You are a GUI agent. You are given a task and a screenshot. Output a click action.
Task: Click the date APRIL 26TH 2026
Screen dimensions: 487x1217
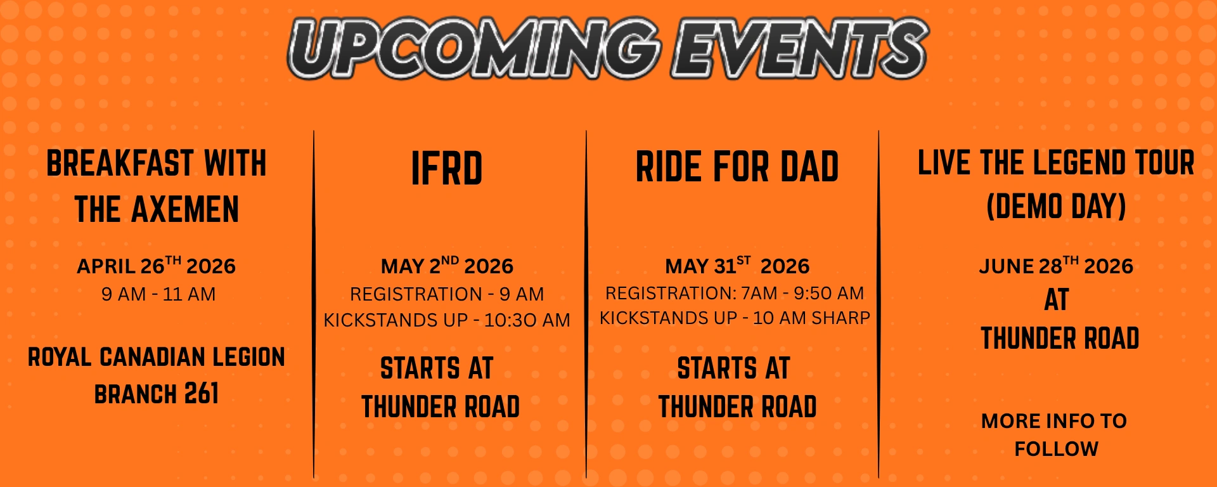click(x=156, y=266)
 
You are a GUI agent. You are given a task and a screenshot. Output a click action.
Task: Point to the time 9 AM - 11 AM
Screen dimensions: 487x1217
click(x=158, y=294)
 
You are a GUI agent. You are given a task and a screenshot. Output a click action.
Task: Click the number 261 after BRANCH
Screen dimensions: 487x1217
click(x=202, y=394)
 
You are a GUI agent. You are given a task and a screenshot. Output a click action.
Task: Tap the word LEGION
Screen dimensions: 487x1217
click(x=248, y=357)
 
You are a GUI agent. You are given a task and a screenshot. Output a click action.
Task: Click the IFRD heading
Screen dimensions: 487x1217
click(x=447, y=169)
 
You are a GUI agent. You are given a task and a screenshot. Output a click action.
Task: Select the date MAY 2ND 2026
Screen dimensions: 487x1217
click(x=447, y=266)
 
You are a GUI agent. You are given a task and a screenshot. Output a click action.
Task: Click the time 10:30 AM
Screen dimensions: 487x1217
click(x=527, y=320)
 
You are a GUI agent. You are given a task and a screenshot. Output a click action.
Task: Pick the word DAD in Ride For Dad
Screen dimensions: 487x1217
click(x=809, y=167)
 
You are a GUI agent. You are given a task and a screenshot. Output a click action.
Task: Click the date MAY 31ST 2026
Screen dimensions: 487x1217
click(x=737, y=266)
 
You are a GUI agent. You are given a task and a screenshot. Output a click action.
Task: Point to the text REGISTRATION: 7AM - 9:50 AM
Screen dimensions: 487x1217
click(x=734, y=293)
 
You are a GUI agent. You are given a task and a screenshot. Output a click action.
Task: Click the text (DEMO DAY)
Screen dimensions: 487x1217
click(x=1056, y=207)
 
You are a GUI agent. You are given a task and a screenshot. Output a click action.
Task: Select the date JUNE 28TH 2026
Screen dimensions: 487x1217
click(x=1056, y=266)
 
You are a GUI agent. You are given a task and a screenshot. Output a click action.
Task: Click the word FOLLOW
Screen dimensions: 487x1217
click(x=1056, y=449)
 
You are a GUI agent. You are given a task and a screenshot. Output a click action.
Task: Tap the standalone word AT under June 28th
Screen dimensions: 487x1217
click(x=1057, y=300)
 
